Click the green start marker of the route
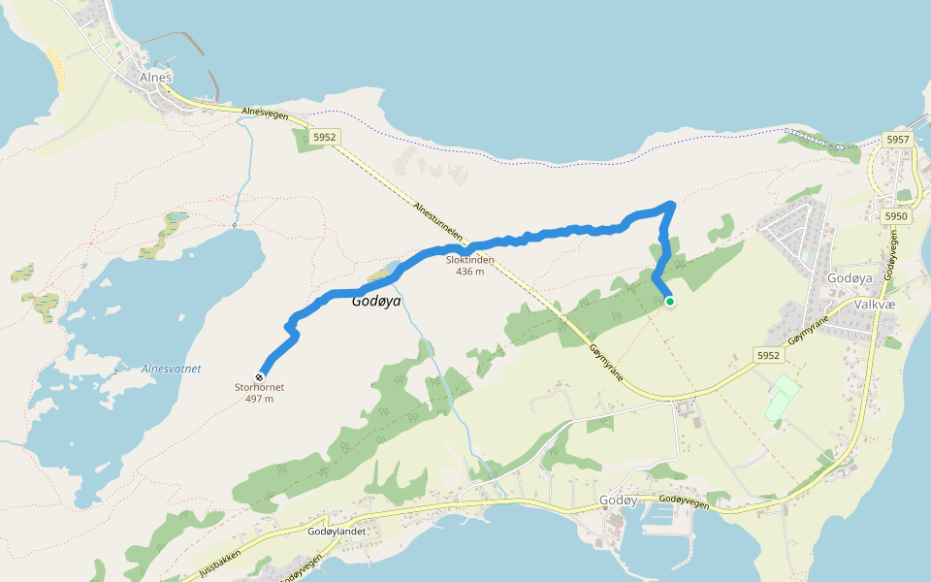click(x=669, y=302)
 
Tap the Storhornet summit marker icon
click(x=260, y=376)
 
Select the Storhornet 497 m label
click(x=260, y=393)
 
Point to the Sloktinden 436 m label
click(x=470, y=265)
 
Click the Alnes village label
click(x=155, y=78)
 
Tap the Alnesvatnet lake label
click(x=171, y=369)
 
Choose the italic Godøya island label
click(x=376, y=302)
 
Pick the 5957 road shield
click(x=898, y=141)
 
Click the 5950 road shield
click(x=895, y=215)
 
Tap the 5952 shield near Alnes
click(x=324, y=138)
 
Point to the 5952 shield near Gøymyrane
click(x=768, y=356)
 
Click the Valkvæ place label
click(x=873, y=304)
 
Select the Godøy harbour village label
click(x=618, y=500)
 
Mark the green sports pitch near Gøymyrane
click(x=783, y=399)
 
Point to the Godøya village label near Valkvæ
click(x=850, y=278)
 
